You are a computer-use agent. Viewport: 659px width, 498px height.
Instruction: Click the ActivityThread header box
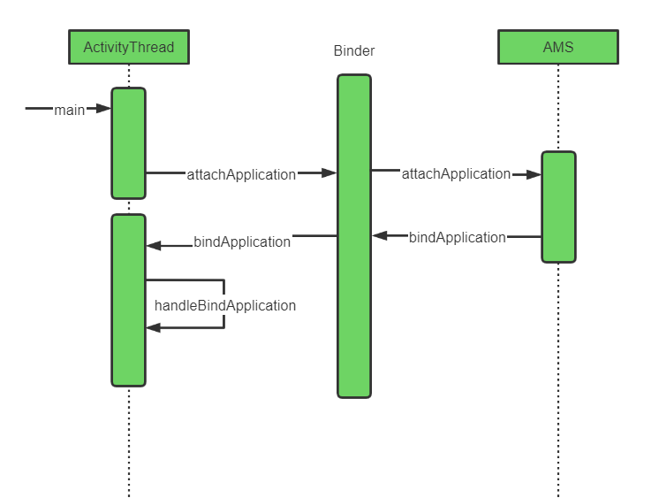click(x=129, y=47)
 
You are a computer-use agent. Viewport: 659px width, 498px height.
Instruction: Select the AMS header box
click(x=558, y=47)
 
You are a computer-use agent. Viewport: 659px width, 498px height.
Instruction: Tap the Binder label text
click(x=354, y=50)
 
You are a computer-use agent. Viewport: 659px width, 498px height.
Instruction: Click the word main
click(x=70, y=110)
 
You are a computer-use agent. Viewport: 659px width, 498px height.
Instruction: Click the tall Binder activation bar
click(x=354, y=236)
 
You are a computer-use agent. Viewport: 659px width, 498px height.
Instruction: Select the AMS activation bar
click(x=558, y=207)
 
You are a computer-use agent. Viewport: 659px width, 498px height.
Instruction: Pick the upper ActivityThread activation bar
click(x=129, y=143)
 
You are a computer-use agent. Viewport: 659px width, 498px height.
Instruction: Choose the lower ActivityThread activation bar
click(x=129, y=300)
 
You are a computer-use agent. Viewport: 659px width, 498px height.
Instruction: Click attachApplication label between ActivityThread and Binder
click(x=241, y=174)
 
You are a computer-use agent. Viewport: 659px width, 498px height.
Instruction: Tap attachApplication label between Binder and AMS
click(x=456, y=173)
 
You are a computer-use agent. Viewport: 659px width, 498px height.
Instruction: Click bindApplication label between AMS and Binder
click(x=458, y=237)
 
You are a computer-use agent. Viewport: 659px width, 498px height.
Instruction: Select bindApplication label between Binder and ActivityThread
click(x=242, y=242)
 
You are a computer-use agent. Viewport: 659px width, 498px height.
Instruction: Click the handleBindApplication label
click(x=225, y=305)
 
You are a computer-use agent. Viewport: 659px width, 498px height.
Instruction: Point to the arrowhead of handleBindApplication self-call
click(x=154, y=327)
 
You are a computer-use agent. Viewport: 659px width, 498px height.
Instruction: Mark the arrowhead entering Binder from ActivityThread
click(x=329, y=172)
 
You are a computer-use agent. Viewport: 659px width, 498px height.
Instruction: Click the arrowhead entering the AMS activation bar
click(x=534, y=174)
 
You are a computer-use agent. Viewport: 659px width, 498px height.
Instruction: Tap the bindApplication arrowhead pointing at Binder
click(x=380, y=236)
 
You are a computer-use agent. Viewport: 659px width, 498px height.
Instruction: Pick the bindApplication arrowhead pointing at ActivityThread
click(x=154, y=246)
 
